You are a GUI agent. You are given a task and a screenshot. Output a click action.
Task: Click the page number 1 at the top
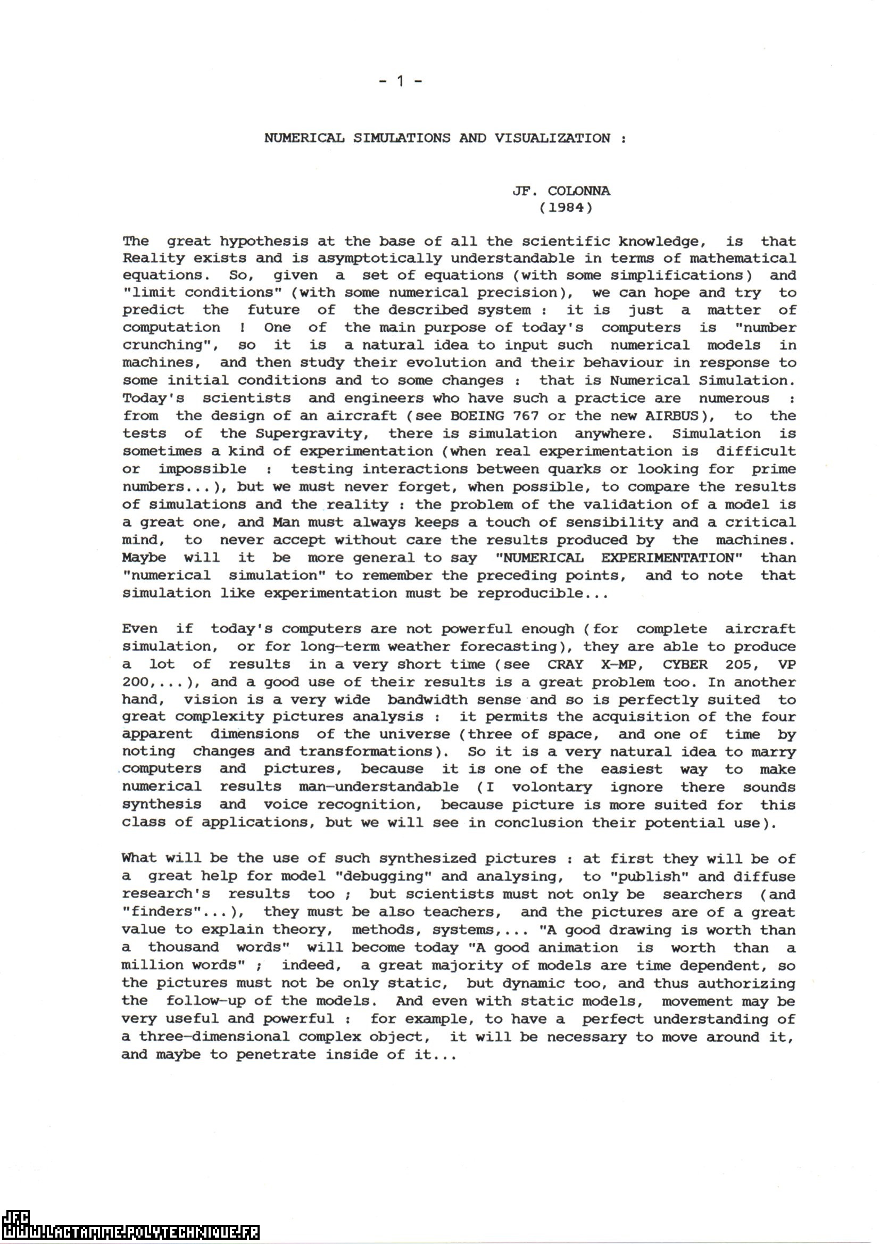(401, 82)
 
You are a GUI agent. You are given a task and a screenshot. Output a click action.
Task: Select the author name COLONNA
(579, 190)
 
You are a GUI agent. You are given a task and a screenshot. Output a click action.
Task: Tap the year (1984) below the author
(566, 208)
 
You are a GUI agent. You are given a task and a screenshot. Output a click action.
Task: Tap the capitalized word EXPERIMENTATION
(671, 558)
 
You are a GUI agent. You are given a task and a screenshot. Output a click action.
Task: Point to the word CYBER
(685, 664)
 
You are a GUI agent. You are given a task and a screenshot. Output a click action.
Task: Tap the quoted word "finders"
(166, 912)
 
